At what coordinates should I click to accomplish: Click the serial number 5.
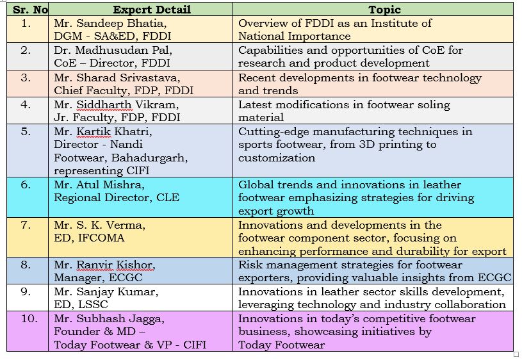(x=26, y=131)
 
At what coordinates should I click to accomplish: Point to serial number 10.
(x=29, y=318)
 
